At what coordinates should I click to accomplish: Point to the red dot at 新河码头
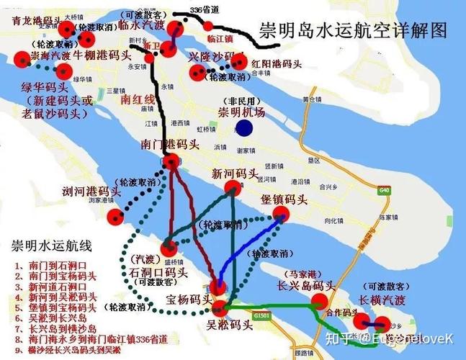pos(232,189)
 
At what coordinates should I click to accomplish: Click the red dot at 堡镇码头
pos(280,213)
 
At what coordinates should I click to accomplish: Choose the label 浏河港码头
pos(91,192)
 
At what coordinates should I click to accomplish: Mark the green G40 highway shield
pos(382,190)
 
